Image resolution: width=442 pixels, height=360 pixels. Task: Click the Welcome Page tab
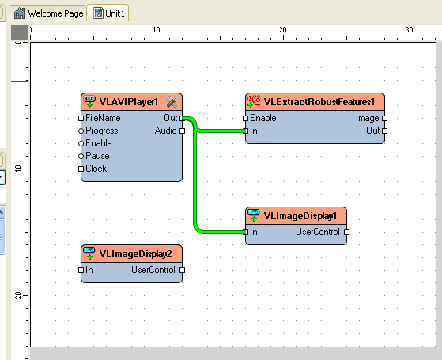pos(48,13)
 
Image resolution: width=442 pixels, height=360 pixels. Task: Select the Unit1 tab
pos(108,13)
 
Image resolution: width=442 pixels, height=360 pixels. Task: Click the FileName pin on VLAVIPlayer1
pos(81,118)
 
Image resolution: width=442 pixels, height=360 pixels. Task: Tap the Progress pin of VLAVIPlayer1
pos(81,131)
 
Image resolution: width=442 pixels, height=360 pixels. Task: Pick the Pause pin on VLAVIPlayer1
pos(81,157)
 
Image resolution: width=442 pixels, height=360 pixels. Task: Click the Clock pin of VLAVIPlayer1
pos(81,169)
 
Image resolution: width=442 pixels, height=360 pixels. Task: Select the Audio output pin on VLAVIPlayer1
pos(182,131)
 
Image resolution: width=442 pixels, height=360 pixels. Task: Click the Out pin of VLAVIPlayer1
pos(182,118)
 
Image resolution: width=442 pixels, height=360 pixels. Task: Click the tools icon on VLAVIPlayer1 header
pos(172,101)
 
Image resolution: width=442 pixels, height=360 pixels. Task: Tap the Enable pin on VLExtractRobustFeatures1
pos(246,118)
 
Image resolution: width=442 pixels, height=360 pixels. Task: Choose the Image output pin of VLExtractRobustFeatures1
pos(385,118)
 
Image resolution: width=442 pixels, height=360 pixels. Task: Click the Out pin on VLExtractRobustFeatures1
pos(385,131)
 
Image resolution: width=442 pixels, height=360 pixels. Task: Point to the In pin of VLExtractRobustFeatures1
pos(246,131)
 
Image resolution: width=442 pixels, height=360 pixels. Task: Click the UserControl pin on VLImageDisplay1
pos(347,232)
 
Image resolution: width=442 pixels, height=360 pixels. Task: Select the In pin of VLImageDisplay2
pos(81,271)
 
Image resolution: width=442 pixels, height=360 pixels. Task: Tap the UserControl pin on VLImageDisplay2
pos(182,271)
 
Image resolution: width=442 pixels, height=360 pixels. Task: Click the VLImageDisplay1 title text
pos(300,216)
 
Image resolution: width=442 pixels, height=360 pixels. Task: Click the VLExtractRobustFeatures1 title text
pos(319,102)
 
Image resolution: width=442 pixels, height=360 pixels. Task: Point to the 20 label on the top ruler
pos(282,30)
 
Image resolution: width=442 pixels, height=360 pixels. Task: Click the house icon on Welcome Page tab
pos(19,13)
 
